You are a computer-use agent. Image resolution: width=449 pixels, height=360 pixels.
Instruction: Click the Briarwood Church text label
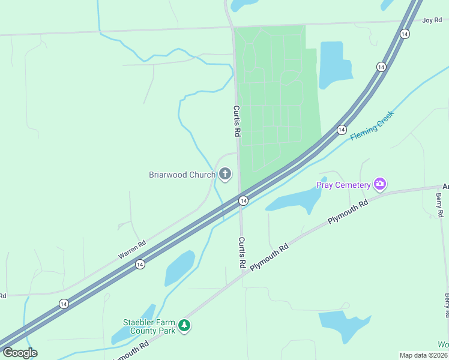(182, 175)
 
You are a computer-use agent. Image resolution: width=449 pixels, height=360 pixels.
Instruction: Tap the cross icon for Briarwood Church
(225, 175)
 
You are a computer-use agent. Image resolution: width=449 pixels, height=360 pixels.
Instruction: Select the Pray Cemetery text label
(343, 184)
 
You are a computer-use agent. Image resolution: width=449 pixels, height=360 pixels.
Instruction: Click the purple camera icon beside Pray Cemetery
(379, 184)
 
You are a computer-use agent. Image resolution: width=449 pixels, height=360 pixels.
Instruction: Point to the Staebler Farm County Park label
(149, 326)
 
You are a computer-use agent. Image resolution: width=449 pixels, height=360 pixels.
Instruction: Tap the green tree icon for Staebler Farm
(185, 326)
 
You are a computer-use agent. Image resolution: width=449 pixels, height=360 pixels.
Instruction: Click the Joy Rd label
(432, 20)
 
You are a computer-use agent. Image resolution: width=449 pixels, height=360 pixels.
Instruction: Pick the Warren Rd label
(132, 250)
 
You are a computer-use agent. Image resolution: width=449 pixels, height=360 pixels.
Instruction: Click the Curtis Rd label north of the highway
(237, 121)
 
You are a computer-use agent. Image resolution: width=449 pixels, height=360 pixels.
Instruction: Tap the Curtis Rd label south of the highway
(242, 252)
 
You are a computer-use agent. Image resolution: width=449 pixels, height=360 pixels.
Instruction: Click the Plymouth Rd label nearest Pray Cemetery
(348, 214)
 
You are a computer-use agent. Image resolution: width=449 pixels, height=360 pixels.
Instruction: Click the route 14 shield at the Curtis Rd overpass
(243, 200)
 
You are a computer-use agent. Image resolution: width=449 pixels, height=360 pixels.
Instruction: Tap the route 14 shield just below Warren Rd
(140, 264)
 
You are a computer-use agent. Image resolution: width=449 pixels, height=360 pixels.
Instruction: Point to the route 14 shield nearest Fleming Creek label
(342, 130)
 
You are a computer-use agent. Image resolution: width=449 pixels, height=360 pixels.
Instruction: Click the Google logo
(19, 353)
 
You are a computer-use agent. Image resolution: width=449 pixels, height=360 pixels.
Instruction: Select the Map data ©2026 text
(423, 355)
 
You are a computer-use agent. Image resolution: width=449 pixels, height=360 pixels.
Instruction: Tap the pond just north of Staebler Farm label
(179, 268)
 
